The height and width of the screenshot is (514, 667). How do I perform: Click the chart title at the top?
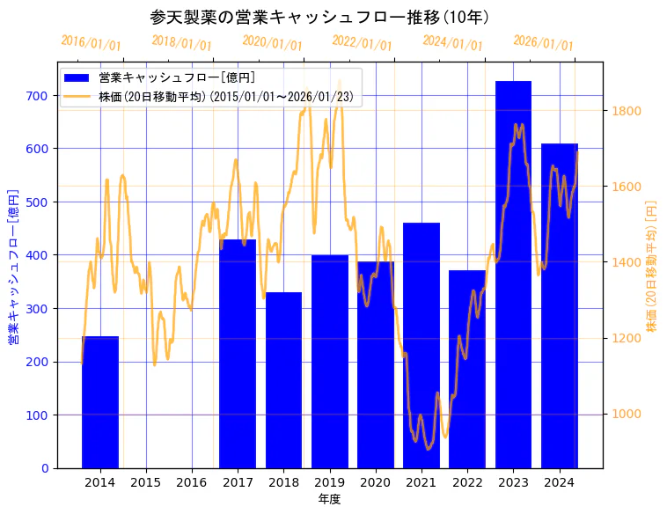click(x=319, y=17)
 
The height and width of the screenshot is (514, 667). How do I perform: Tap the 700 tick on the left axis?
click(x=38, y=95)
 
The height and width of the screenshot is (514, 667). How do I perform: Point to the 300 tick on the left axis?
click(x=38, y=309)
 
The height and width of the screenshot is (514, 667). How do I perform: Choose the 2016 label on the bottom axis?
click(x=192, y=482)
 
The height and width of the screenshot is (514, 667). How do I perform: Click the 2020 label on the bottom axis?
click(x=376, y=482)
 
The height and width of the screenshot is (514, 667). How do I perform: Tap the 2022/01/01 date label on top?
click(x=362, y=42)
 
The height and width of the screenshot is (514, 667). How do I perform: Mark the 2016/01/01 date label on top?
click(x=91, y=42)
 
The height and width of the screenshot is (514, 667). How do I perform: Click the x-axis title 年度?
click(x=329, y=499)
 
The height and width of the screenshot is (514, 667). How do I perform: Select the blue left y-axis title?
click(x=13, y=265)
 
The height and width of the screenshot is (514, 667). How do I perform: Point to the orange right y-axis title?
click(x=652, y=265)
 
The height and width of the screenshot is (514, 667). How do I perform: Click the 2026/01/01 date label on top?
click(x=543, y=42)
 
